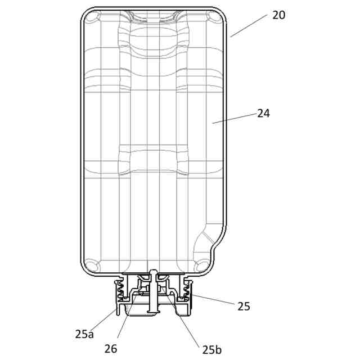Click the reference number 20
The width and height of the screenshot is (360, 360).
(278, 15)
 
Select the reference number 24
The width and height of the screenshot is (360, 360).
(263, 113)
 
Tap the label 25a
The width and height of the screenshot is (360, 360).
(84, 334)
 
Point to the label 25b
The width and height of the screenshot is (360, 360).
(211, 349)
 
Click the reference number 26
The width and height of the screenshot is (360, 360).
(111, 348)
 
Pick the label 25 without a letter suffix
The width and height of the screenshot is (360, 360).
(244, 307)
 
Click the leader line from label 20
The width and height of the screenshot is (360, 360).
(249, 26)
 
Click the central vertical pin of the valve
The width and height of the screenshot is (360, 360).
(152, 292)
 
